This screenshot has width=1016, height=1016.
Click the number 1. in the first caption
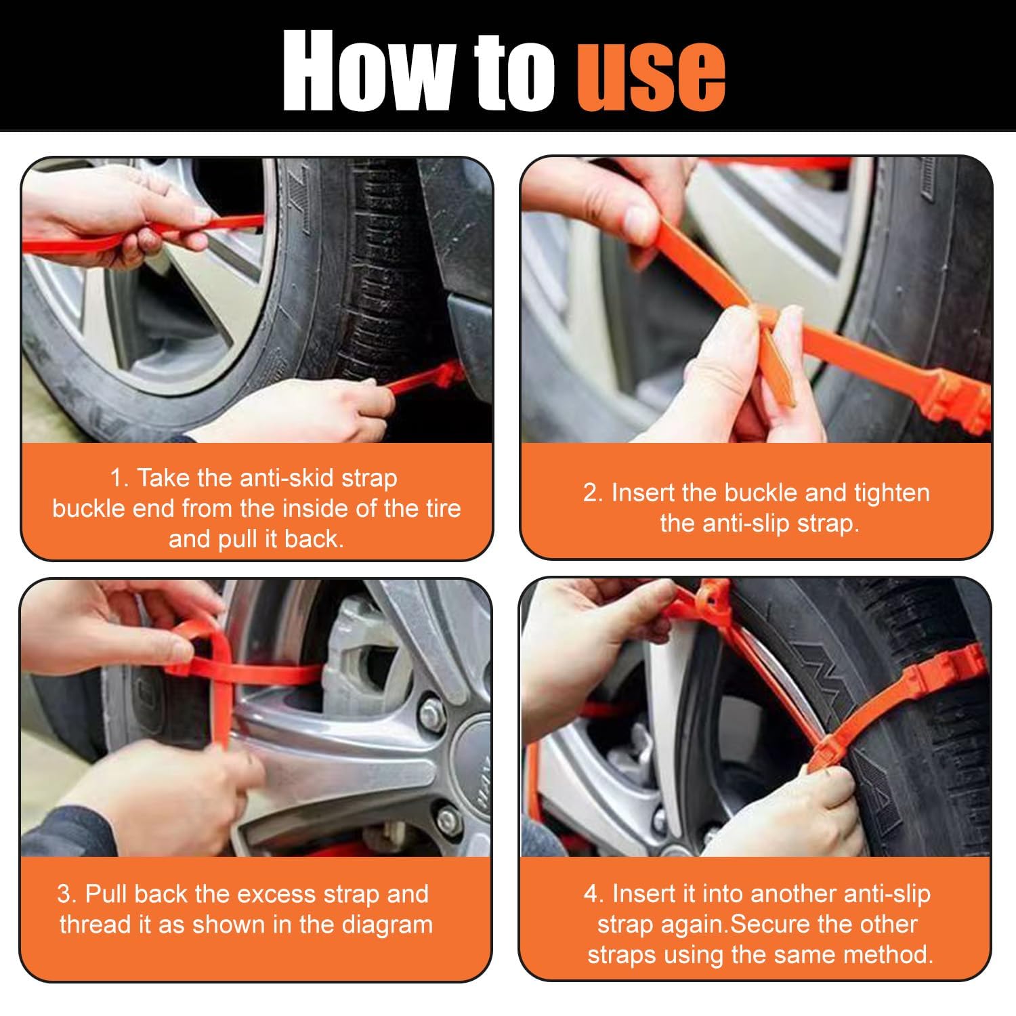119,478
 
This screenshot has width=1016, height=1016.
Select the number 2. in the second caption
593,493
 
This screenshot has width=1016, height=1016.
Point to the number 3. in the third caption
67,894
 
